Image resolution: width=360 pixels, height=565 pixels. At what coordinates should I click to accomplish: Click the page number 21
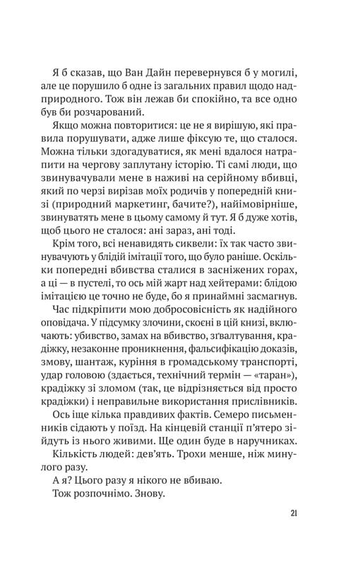pos(292,513)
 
